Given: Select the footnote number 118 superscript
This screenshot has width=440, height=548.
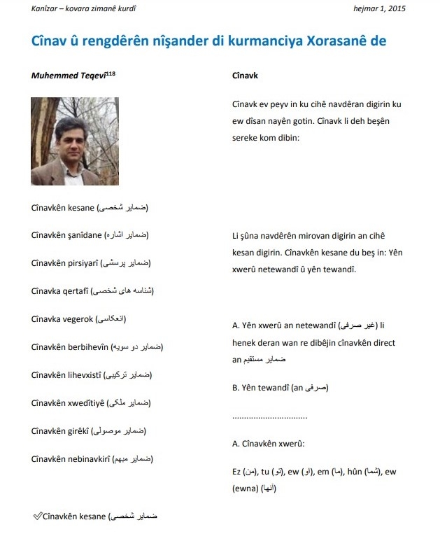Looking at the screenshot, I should click(111, 72).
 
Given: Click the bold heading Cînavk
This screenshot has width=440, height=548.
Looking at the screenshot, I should click(244, 75).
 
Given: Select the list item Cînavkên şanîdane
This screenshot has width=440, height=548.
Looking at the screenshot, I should click(66, 235).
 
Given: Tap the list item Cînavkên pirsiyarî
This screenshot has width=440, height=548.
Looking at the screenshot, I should click(65, 263).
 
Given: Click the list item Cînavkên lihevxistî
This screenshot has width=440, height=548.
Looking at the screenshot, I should click(66, 375).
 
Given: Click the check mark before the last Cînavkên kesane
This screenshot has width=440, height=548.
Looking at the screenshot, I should click(37, 517).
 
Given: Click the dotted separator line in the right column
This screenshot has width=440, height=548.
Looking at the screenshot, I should click(269, 416).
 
